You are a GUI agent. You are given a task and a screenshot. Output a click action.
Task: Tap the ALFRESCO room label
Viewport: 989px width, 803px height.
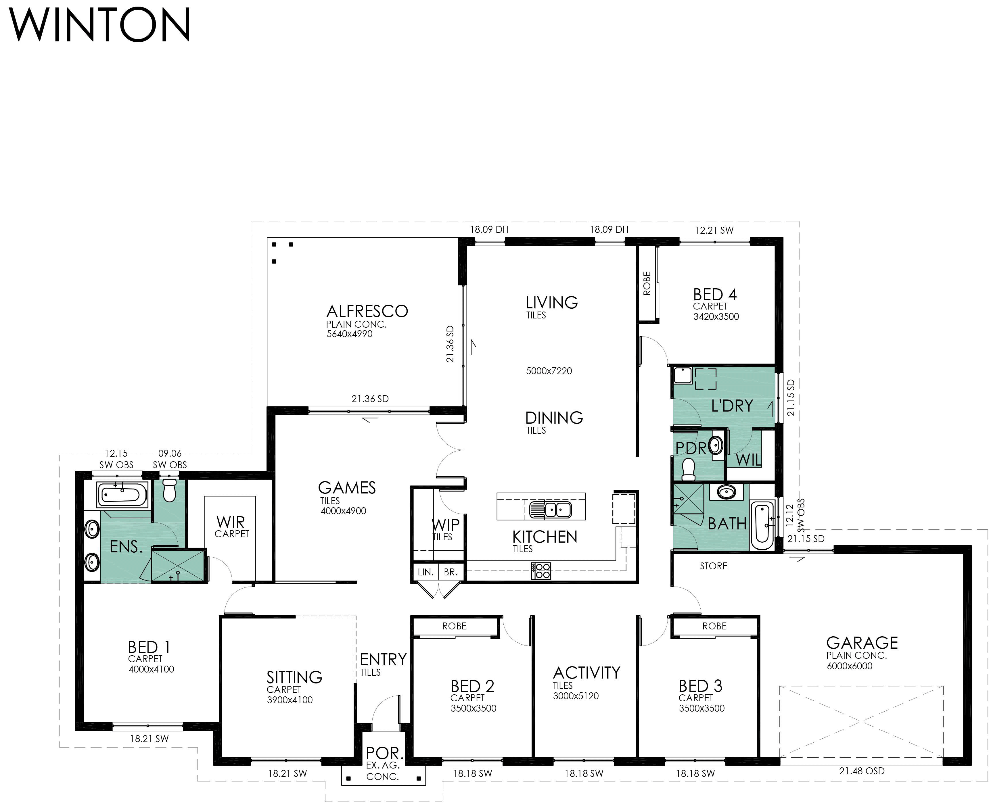click(x=367, y=311)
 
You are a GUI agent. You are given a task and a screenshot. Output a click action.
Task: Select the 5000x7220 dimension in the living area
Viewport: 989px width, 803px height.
click(x=549, y=371)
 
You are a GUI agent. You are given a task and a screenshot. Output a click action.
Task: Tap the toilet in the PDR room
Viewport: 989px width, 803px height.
click(x=689, y=469)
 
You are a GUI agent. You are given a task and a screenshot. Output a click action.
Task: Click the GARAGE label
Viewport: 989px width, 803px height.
click(x=862, y=643)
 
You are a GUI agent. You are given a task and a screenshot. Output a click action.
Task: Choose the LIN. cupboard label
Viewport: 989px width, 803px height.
click(x=425, y=572)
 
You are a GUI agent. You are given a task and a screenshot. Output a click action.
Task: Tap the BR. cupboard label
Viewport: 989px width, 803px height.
click(x=450, y=572)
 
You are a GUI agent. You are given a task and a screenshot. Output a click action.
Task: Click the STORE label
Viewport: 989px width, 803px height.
click(x=713, y=566)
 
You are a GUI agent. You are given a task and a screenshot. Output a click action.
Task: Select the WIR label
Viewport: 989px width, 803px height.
click(x=231, y=523)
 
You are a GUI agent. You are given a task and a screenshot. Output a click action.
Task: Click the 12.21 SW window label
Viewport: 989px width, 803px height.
click(x=714, y=230)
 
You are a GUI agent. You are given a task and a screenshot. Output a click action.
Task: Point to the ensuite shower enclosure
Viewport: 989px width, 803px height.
click(x=178, y=565)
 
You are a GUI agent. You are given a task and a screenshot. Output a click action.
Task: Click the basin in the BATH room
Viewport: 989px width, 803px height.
click(x=727, y=492)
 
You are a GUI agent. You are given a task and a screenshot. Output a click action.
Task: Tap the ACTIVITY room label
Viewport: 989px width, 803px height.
click(x=586, y=673)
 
